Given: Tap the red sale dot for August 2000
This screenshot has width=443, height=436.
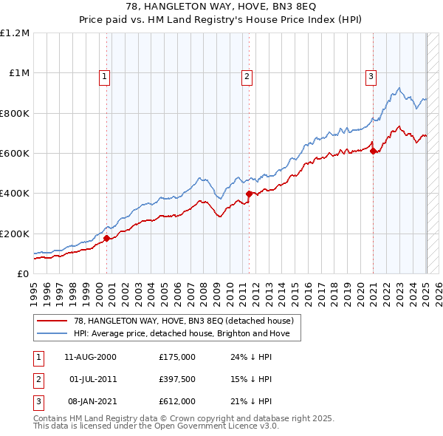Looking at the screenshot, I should (x=106, y=238).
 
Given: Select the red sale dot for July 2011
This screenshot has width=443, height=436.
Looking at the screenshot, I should (x=249, y=194).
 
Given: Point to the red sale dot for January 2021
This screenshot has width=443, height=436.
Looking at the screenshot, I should (x=373, y=151).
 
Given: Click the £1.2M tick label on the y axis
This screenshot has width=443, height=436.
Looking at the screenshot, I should (x=15, y=33).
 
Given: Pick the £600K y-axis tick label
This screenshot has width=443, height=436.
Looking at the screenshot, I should (x=15, y=154).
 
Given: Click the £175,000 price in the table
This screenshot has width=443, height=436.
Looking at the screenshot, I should (x=176, y=357).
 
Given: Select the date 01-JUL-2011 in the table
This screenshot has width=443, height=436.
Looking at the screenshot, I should (x=94, y=379).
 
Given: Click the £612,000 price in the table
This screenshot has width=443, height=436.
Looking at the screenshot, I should (x=176, y=401).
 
